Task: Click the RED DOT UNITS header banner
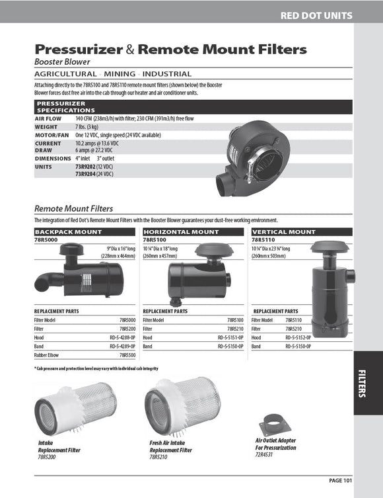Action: pyautogui.click(x=316, y=16)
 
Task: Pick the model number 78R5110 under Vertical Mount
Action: pyautogui.click(x=263, y=239)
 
